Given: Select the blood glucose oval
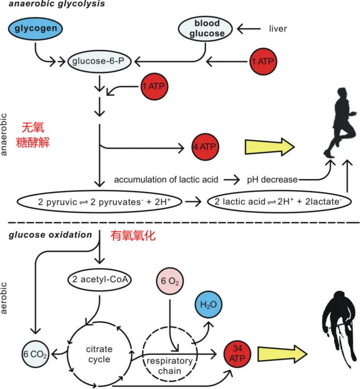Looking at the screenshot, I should [207, 29].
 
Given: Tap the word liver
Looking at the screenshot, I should [277, 29].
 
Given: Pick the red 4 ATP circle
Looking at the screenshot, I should [205, 147].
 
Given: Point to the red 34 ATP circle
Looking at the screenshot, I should [238, 353].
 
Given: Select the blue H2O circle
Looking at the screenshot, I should [209, 305].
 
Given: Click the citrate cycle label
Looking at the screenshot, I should [99, 354].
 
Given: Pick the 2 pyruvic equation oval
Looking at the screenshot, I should [98, 201].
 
